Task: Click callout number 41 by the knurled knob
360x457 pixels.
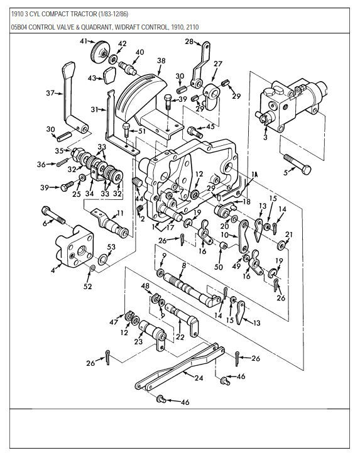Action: tap(82, 41)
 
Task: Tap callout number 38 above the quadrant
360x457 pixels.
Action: tap(161, 61)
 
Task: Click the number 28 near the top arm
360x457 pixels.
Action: tap(188, 41)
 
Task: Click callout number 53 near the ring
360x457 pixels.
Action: tap(111, 248)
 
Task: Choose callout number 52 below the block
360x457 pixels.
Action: tap(87, 286)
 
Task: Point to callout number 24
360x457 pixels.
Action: tap(199, 378)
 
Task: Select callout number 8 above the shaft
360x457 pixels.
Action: tap(183, 266)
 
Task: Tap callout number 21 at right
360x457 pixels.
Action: tap(288, 234)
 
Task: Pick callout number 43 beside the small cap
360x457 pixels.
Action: tap(92, 78)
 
